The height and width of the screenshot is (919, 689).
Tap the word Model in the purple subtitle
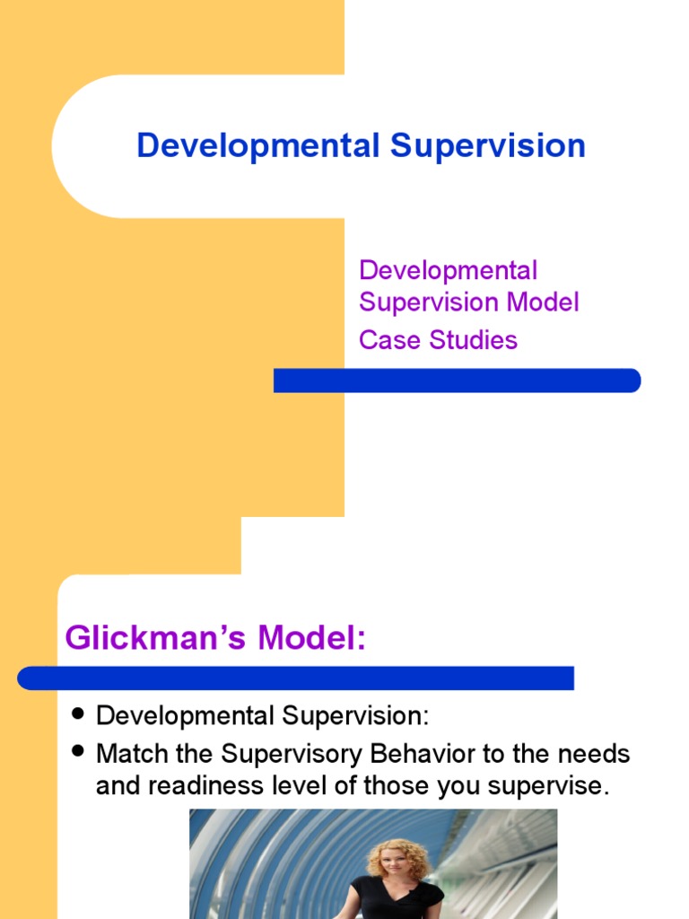click(543, 302)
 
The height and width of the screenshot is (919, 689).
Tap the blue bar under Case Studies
click(458, 381)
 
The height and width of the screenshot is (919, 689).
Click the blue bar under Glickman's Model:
click(296, 678)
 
